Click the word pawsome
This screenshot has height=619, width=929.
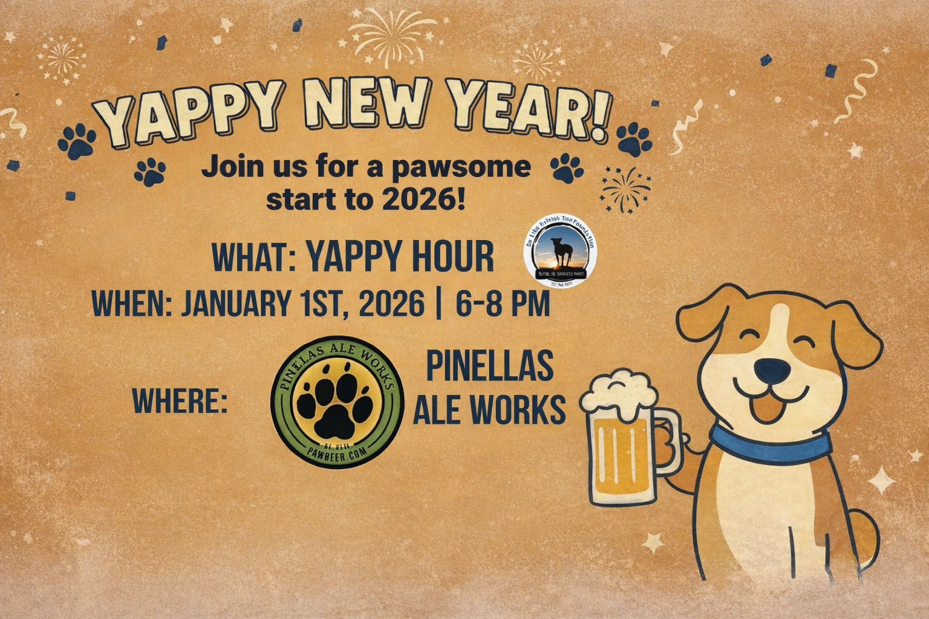pyautogui.click(x=461, y=167)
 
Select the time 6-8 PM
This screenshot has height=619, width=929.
pyautogui.click(x=503, y=304)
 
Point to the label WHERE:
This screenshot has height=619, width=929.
pyautogui.click(x=180, y=401)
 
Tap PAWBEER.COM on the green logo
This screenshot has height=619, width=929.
pyautogui.click(x=337, y=453)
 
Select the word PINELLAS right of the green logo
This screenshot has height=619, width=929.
pyautogui.click(x=489, y=365)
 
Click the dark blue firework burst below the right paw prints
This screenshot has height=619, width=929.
pyautogui.click(x=625, y=188)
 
